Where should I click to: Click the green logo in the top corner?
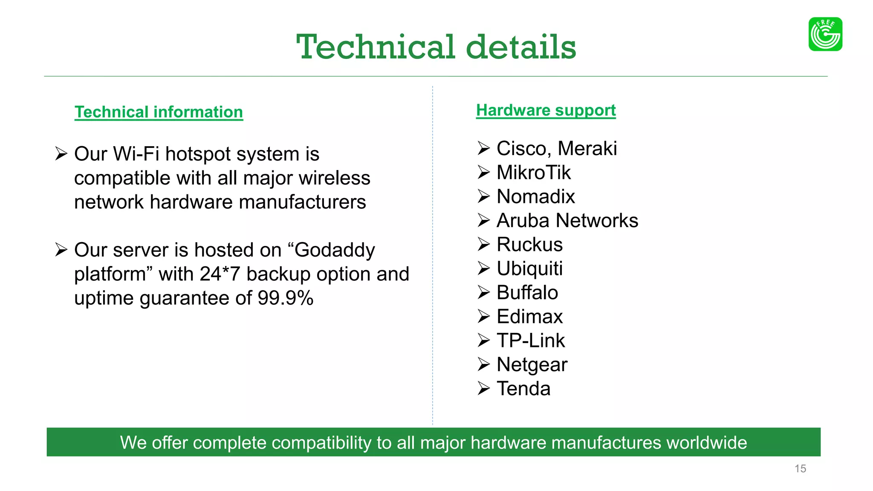pos(825,34)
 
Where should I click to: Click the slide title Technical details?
pos(436,47)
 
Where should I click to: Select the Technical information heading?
pos(159,112)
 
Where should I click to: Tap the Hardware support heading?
pos(546,110)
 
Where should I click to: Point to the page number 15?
pos(800,469)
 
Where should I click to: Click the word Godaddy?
pos(335,250)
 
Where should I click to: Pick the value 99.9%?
pos(285,298)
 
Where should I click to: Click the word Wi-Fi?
pos(136,154)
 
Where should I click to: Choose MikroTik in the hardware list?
pos(533,173)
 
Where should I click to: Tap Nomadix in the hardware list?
pos(536,196)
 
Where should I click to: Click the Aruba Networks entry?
pos(567,221)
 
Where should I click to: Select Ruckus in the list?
pos(529,245)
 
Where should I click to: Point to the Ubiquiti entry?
pos(529,269)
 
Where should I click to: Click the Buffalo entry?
pos(527,293)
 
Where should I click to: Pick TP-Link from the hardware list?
pos(531,341)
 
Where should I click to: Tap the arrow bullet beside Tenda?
pos(483,388)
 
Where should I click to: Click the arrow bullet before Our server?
pos(61,250)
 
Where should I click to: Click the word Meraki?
pos(587,149)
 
